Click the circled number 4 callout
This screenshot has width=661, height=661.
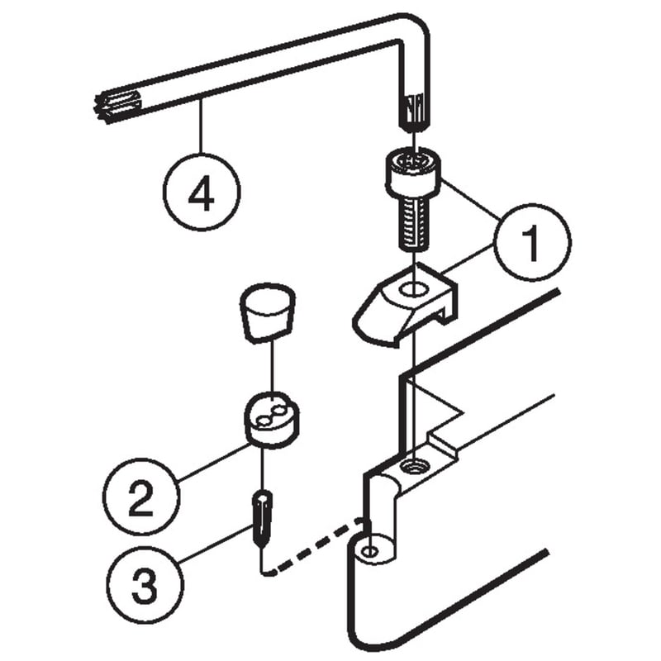(x=202, y=192)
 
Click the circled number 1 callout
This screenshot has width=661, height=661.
(x=532, y=242)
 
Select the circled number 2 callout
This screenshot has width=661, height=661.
(x=141, y=497)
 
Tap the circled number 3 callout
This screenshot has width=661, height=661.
(x=145, y=584)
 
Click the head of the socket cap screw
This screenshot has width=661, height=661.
(x=414, y=174)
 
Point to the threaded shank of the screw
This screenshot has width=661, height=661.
(x=414, y=223)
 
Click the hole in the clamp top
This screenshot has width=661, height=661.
(x=415, y=290)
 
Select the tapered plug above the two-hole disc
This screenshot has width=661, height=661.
(x=267, y=312)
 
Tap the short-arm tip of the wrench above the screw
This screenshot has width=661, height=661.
(x=414, y=111)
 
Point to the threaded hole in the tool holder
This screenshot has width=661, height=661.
(x=415, y=467)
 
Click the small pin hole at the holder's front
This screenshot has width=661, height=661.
(x=370, y=551)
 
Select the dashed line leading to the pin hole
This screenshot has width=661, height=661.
(x=317, y=546)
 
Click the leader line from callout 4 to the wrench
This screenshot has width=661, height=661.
(x=202, y=126)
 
